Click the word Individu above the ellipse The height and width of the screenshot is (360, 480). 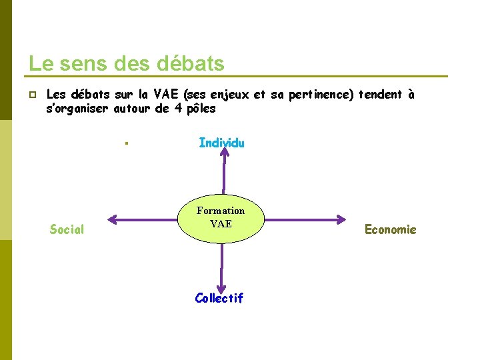(221, 143)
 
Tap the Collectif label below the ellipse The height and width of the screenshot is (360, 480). (219, 298)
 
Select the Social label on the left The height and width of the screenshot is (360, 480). (67, 229)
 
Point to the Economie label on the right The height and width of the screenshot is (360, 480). (390, 229)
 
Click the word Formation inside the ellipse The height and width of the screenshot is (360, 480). (221, 211)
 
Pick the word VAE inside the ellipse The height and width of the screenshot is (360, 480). (221, 224)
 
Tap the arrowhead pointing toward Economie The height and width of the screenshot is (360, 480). (341, 218)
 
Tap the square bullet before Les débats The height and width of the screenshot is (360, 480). (32, 95)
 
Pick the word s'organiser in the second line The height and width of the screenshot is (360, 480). (77, 109)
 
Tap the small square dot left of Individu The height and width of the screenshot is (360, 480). (126, 143)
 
